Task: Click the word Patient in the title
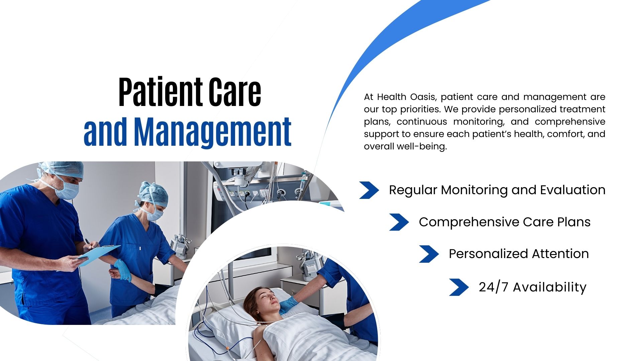160,92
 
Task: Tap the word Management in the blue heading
213,132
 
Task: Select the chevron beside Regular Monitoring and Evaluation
369,190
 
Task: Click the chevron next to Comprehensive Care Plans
399,222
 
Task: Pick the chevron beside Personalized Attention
429,254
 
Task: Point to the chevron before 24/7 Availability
459,287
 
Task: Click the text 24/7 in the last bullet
494,287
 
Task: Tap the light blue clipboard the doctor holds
98,256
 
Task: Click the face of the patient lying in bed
268,299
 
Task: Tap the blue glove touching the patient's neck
288,305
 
